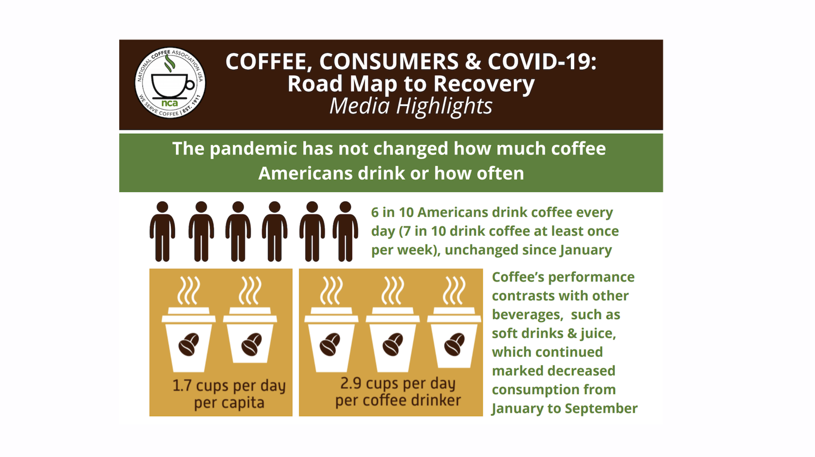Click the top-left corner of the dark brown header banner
[119, 40]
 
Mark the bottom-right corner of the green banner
[663, 192]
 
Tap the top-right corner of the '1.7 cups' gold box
[293, 269]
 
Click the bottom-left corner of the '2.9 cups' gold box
[299, 416]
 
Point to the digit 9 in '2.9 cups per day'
[356, 383]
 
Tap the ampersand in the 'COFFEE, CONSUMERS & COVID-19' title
[473, 62]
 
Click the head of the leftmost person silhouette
[162, 207]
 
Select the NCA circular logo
[170, 83]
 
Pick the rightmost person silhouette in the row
[345, 232]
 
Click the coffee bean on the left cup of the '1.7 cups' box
[189, 344]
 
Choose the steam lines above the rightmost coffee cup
[454, 290]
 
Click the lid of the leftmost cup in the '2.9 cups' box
[332, 315]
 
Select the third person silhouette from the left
[238, 232]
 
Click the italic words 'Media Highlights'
[411, 106]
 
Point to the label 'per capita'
[229, 403]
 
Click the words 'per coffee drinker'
[398, 401]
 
